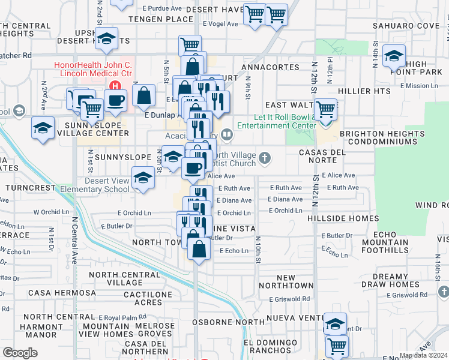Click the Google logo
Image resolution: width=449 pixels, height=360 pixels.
click(x=20, y=352)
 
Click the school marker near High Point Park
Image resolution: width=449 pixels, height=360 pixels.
click(x=394, y=56)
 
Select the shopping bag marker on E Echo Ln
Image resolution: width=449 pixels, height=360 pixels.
click(x=199, y=247)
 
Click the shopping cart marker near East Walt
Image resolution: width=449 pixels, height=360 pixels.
click(x=325, y=110)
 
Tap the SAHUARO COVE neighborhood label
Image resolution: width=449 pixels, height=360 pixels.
click(x=406, y=26)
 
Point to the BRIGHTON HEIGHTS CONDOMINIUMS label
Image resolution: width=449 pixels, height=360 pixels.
click(x=378, y=138)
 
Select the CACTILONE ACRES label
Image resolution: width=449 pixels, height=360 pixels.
click(x=143, y=298)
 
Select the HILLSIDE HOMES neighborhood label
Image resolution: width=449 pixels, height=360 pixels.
click(x=342, y=219)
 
